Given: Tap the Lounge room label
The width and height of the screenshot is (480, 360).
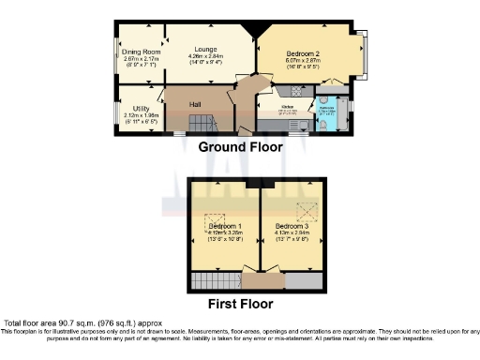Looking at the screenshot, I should (x=205, y=49).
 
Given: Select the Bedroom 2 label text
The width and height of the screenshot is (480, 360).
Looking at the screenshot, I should (x=305, y=53).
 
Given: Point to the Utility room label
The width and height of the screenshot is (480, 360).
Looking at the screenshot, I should (x=141, y=109).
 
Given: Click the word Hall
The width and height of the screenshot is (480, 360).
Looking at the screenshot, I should (x=195, y=103).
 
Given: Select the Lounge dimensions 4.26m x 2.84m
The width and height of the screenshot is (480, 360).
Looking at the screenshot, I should (x=206, y=58).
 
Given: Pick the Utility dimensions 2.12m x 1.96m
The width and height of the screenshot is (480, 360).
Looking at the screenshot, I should (x=141, y=117).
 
